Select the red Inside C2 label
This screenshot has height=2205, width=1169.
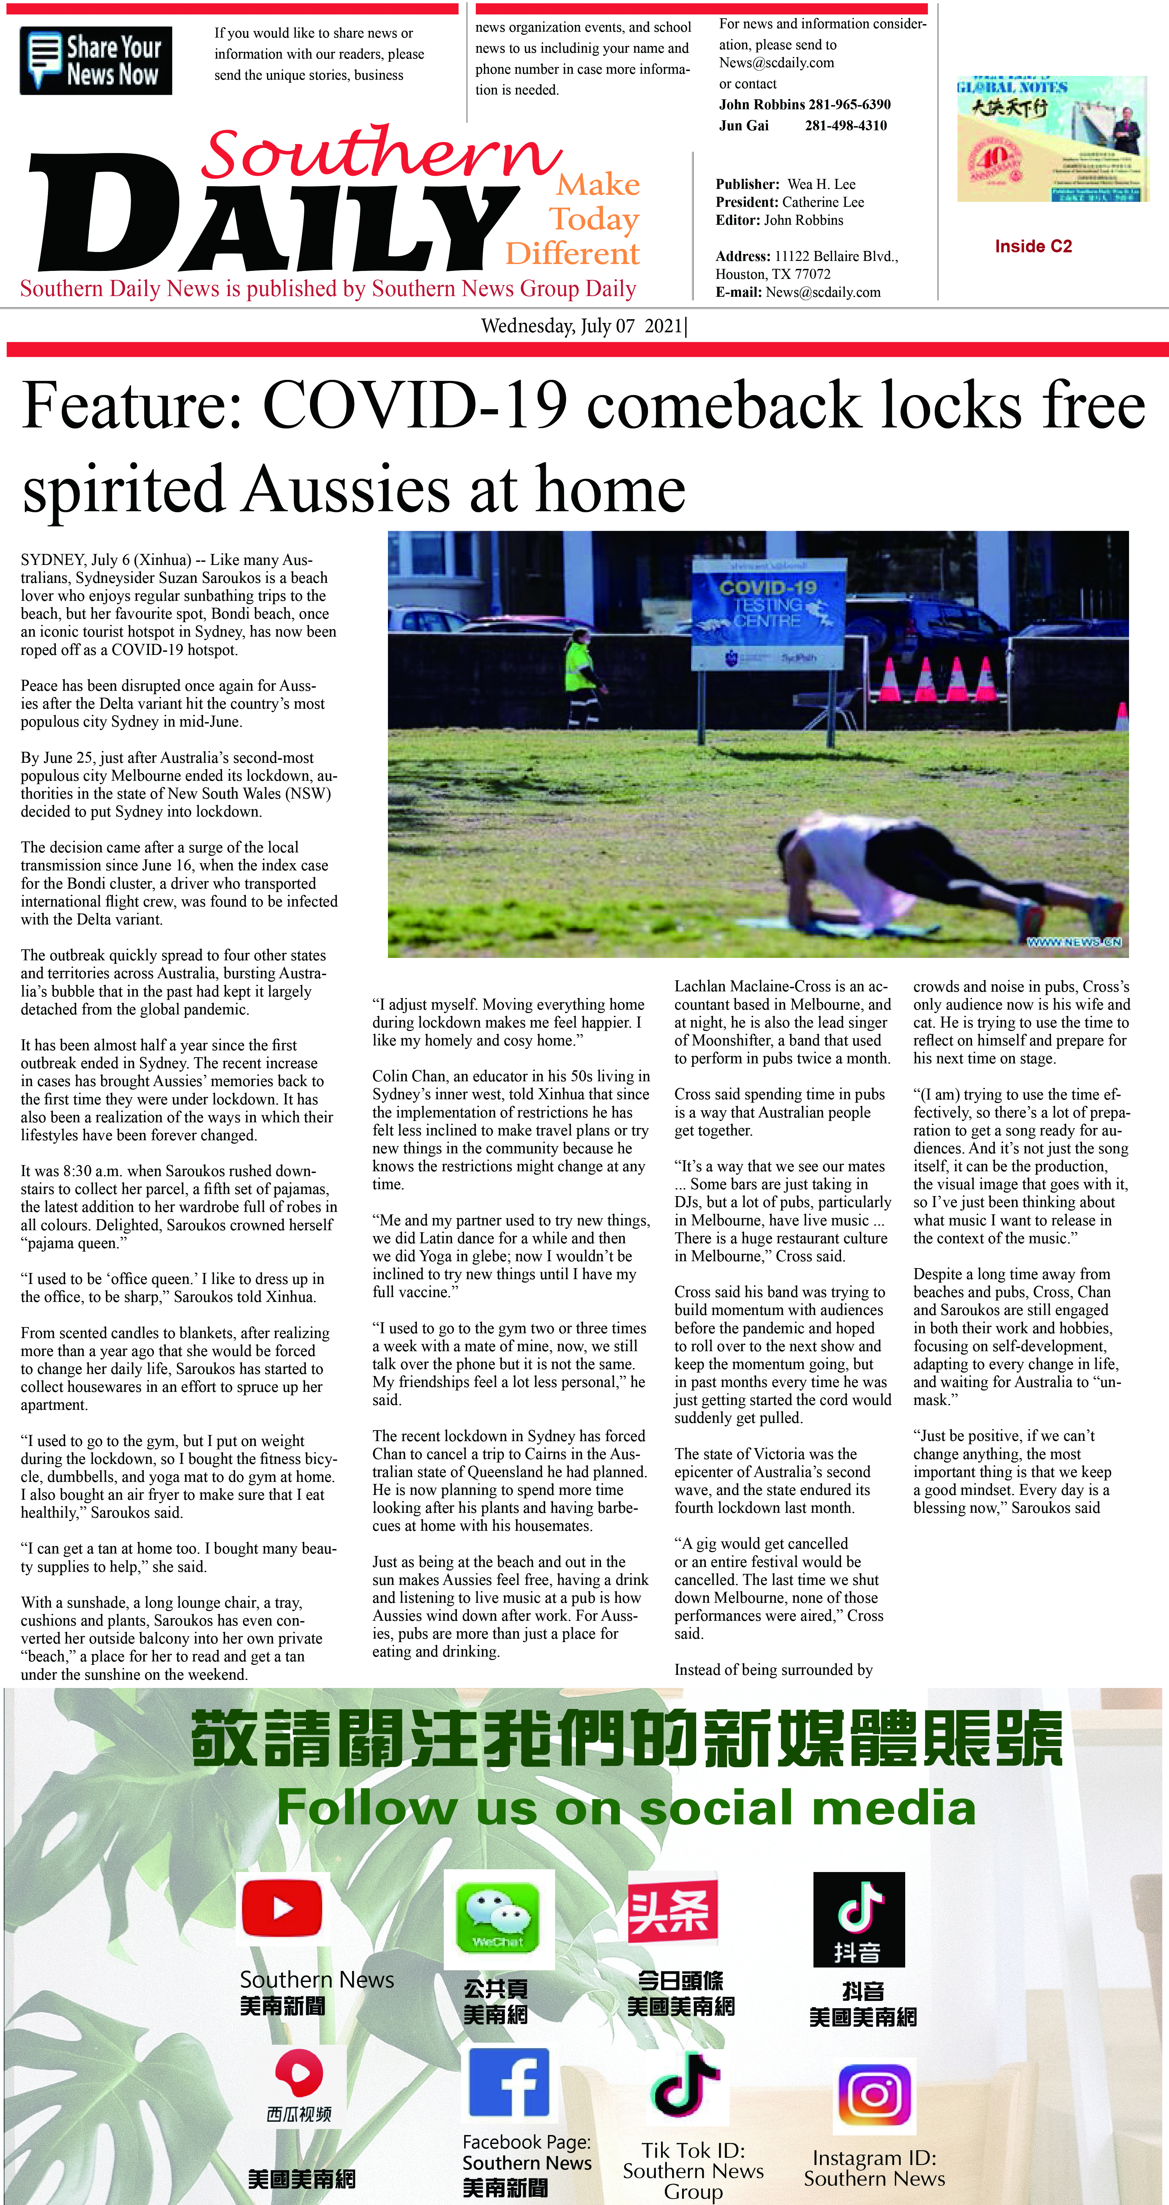[x=1033, y=246]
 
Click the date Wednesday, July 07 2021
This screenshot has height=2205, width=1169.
[x=582, y=326]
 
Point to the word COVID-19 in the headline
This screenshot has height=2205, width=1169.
[x=416, y=405]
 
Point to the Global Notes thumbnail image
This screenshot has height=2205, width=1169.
[x=1051, y=139]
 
